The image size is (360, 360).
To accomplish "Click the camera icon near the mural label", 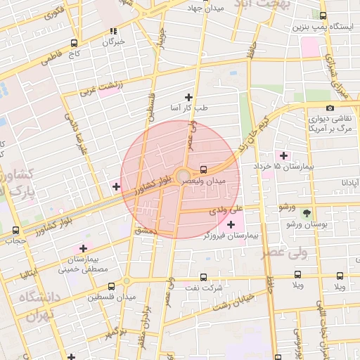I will point(330,108).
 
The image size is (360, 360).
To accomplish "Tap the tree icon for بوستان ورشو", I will point(306,212).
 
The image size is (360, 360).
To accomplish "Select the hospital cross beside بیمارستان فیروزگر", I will point(231,224).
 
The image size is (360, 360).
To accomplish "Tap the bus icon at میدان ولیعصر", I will point(203,169).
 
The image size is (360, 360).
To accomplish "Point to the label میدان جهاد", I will point(205,8).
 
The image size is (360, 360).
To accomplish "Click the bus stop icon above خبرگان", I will point(113,31).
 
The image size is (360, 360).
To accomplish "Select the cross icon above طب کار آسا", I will point(188,97).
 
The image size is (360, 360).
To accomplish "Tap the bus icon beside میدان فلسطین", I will point(111,285).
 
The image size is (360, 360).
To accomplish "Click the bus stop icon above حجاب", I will point(16,230).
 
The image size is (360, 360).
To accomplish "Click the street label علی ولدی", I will point(226,209).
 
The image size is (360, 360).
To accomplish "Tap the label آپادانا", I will point(349,182).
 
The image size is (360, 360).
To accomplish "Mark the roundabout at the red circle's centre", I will point(182,176).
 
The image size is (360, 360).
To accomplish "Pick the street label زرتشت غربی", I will point(101,84).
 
